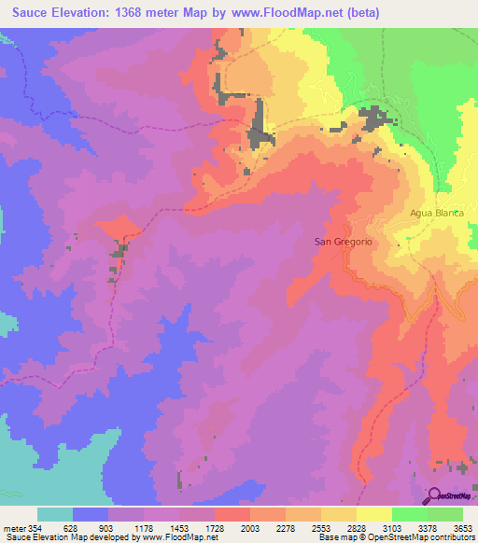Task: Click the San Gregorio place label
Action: [x=343, y=242]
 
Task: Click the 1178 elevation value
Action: [x=147, y=526]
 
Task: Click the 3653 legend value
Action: [x=462, y=526]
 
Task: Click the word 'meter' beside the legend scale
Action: [x=16, y=526]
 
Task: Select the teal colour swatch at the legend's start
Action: [x=55, y=514]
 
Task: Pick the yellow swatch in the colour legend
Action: [x=373, y=514]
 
